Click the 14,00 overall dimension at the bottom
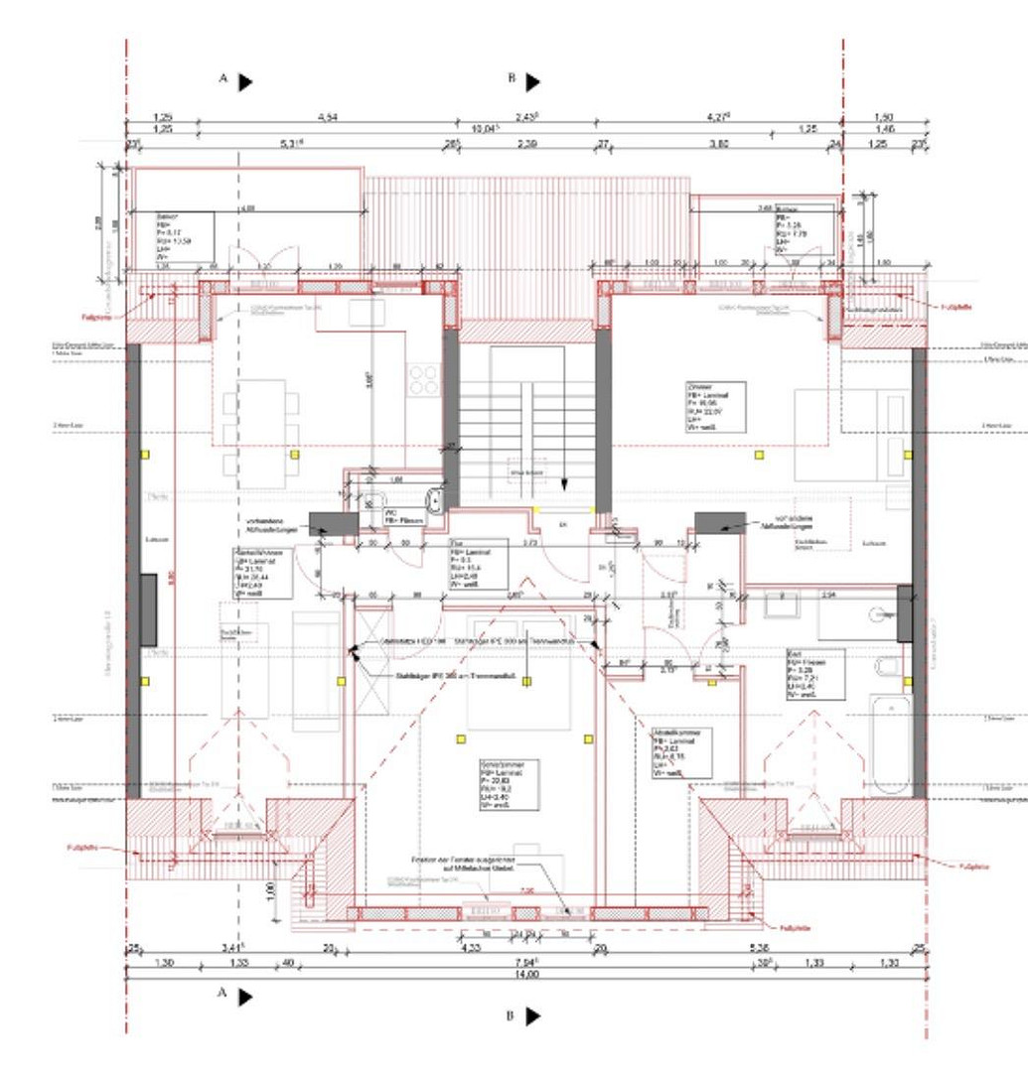tap(525, 975)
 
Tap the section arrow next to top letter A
tap(245, 80)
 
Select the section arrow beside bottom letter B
tap(533, 1015)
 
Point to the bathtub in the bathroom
tap(891, 743)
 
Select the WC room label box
tap(398, 517)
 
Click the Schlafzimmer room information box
tap(508, 785)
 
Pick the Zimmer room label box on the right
tap(714, 407)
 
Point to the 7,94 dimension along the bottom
tap(525, 962)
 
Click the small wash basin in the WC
tap(433, 499)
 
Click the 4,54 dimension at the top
tap(327, 117)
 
